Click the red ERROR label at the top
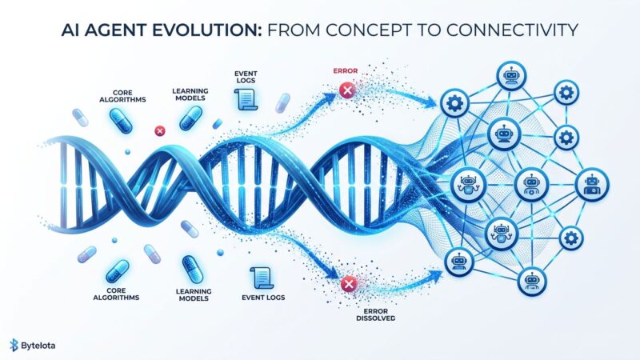345,71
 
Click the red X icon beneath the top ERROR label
346,91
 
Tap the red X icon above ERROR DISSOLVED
347,284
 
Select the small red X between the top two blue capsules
158,130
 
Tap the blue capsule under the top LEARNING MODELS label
190,118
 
